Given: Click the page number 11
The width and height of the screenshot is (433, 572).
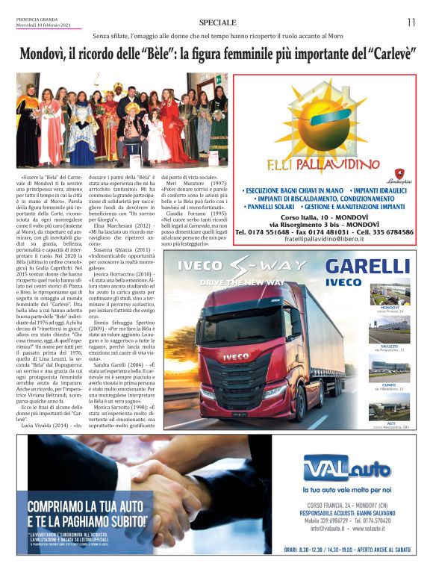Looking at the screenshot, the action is pyautogui.click(x=411, y=22).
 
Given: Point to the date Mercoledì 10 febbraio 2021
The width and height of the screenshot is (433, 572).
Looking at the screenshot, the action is pyautogui.click(x=45, y=26).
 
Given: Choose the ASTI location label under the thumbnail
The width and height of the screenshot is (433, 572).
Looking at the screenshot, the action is pyautogui.click(x=389, y=423).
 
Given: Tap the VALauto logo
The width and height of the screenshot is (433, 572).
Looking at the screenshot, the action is pyautogui.click(x=346, y=469).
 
